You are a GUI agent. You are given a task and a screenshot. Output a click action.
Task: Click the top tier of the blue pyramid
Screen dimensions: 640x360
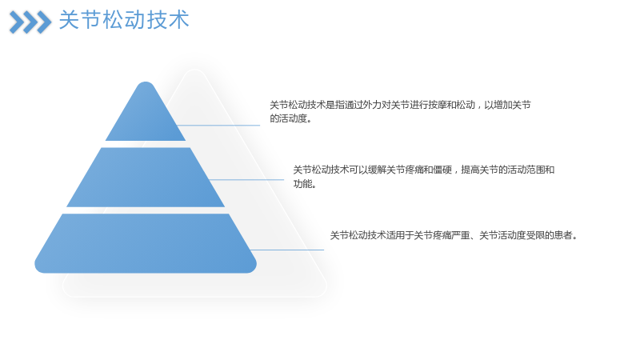[146, 116]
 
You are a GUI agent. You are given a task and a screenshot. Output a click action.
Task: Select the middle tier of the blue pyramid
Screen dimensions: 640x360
[146, 177]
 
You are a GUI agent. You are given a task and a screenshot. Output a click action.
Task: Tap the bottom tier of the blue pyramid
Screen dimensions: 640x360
[146, 243]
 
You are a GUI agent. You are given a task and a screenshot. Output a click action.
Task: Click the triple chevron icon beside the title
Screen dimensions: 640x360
[30, 22]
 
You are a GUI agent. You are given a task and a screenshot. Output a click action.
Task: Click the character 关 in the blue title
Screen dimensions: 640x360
[69, 19]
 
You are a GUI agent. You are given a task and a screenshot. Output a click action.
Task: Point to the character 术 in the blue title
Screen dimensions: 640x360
[178, 19]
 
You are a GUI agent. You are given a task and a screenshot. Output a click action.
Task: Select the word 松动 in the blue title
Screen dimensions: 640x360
[124, 19]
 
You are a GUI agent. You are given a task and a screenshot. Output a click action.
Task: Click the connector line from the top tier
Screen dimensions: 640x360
[218, 126]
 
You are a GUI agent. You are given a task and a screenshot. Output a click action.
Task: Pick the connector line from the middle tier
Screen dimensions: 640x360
[246, 179]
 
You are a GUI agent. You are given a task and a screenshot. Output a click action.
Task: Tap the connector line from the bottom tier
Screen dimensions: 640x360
[286, 250]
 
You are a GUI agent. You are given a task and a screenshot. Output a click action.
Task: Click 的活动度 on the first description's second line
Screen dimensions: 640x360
[288, 118]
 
